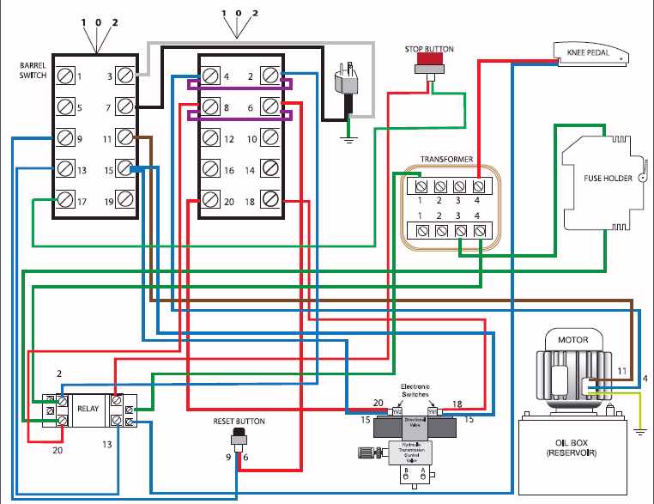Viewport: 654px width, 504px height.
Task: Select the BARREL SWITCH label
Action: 33,71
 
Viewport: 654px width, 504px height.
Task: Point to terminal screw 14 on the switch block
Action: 271,169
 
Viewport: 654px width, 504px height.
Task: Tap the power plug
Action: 349,83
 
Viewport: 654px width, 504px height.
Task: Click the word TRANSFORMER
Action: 445,160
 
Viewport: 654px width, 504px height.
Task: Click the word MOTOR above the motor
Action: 572,340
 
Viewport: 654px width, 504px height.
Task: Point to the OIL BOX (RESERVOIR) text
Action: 572,448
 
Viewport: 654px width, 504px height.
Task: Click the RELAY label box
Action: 88,410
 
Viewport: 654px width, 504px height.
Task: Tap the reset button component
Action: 239,440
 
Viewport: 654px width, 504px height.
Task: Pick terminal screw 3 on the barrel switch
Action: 126,76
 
